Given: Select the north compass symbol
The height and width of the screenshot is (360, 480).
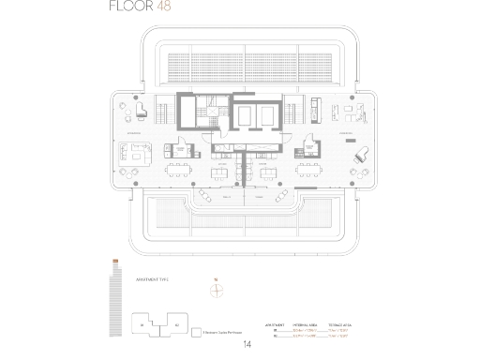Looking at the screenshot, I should [217, 290].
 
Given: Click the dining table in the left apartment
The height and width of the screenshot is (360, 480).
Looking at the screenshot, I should [178, 171].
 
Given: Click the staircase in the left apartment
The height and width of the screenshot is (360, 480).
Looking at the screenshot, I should [163, 112].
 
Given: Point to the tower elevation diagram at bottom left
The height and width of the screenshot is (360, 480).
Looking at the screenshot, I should [114, 300].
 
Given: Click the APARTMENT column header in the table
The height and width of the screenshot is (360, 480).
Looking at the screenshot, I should [273, 322].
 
